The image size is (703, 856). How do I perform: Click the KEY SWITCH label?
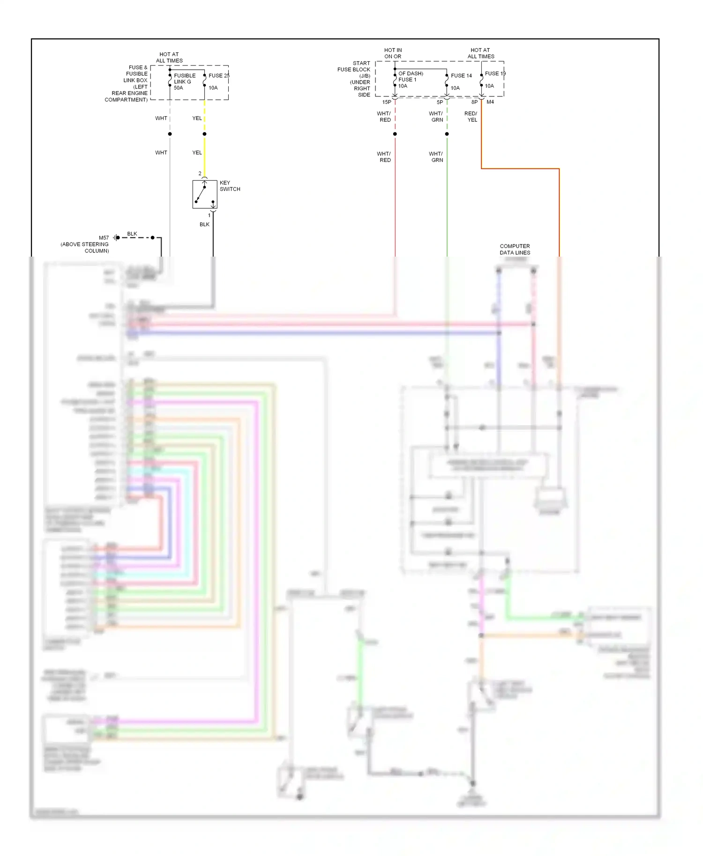pyautogui.click(x=229, y=186)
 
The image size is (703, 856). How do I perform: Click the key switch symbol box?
pyautogui.click(x=204, y=194)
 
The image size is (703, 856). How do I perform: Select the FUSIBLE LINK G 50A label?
pyautogui.click(x=184, y=81)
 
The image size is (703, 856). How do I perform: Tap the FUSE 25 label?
pyautogui.click(x=218, y=75)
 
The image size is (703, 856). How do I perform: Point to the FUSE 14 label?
pyautogui.click(x=461, y=75)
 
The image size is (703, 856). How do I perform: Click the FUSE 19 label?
pyautogui.click(x=495, y=74)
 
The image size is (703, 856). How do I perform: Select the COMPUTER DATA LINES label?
pyautogui.click(x=515, y=249)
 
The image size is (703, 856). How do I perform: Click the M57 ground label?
pyautogui.click(x=104, y=238)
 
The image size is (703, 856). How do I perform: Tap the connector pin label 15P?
pyautogui.click(x=387, y=102)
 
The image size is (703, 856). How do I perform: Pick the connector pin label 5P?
pyautogui.click(x=440, y=102)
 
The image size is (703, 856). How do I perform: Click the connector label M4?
pyautogui.click(x=490, y=102)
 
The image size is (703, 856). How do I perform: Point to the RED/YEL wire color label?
pyautogui.click(x=471, y=117)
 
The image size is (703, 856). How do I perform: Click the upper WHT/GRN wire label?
pyautogui.click(x=436, y=117)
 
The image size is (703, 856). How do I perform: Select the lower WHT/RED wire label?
pyautogui.click(x=384, y=157)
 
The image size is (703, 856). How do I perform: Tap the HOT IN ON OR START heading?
pyautogui.click(x=393, y=53)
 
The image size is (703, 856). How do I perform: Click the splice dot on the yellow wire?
pyautogui.click(x=204, y=134)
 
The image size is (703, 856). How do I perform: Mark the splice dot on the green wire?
pyautogui.click(x=447, y=134)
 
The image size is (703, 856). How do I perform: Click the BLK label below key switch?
pyautogui.click(x=204, y=224)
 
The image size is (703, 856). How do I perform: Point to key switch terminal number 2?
pyautogui.click(x=200, y=174)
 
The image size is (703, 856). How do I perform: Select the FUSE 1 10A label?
pyautogui.click(x=407, y=82)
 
